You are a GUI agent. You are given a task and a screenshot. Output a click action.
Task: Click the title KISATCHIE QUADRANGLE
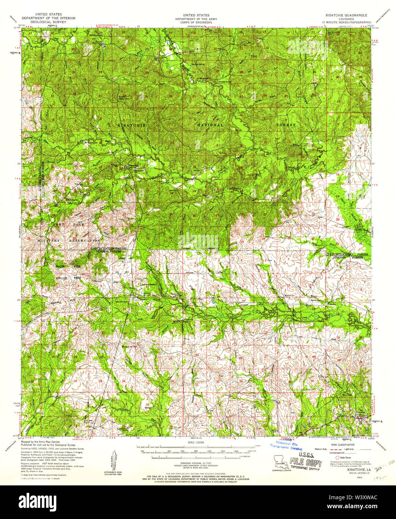coord(346,15)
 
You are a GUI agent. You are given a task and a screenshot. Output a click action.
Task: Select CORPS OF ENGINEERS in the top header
coord(198,22)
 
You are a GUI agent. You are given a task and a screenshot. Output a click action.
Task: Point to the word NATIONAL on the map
coord(211,125)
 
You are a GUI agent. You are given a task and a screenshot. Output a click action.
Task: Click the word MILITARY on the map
coord(48,241)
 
